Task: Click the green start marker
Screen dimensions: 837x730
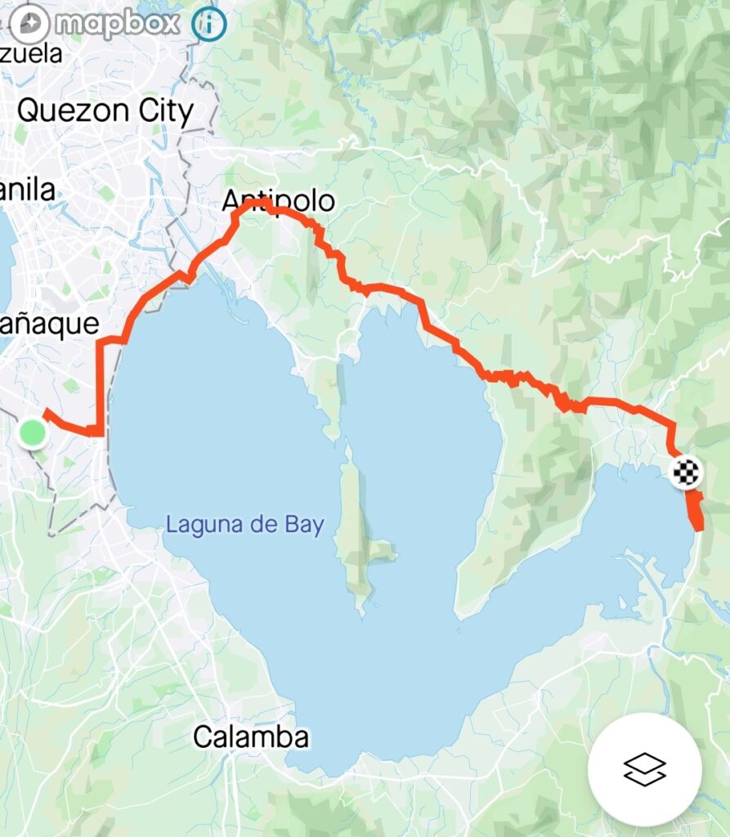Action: (33, 432)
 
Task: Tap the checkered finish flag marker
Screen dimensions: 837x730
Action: (687, 472)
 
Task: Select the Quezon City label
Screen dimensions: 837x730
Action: (105, 111)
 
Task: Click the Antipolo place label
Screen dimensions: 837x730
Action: (279, 200)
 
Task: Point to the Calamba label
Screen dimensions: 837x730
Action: (251, 737)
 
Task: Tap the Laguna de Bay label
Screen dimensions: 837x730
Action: (245, 524)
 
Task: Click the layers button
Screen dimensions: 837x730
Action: (644, 769)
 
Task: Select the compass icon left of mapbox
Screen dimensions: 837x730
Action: (29, 24)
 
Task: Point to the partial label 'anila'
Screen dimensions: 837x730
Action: (29, 190)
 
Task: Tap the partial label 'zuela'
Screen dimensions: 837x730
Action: (32, 55)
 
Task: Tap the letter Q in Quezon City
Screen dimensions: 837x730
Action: (29, 111)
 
